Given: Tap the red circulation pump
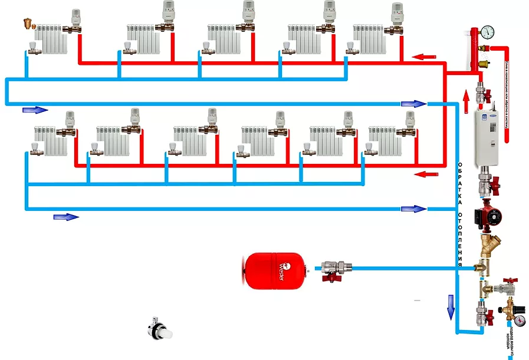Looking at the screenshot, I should coord(489,213).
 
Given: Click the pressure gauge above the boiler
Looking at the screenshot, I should coord(488,32).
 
